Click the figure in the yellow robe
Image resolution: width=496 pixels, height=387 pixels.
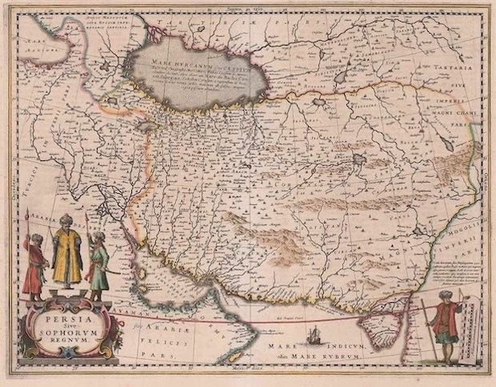click(67, 255)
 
